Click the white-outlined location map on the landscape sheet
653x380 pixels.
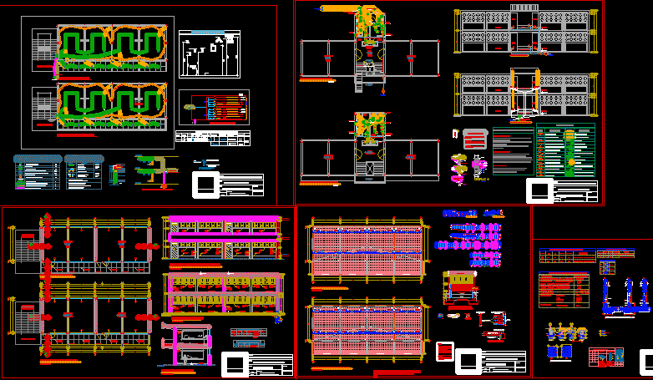pyautogui.click(x=210, y=57)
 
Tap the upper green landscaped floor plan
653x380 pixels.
pyautogui.click(x=110, y=49)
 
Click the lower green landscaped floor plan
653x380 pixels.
pyautogui.click(x=110, y=106)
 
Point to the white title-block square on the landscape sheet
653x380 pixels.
pyautogui.click(x=204, y=184)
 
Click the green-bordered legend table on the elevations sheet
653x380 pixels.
pyautogui.click(x=565, y=151)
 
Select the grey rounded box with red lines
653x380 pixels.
pyautogui.click(x=474, y=138)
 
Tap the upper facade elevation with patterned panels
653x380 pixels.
pyautogui.click(x=524, y=32)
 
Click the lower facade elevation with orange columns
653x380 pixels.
pyautogui.click(x=524, y=92)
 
